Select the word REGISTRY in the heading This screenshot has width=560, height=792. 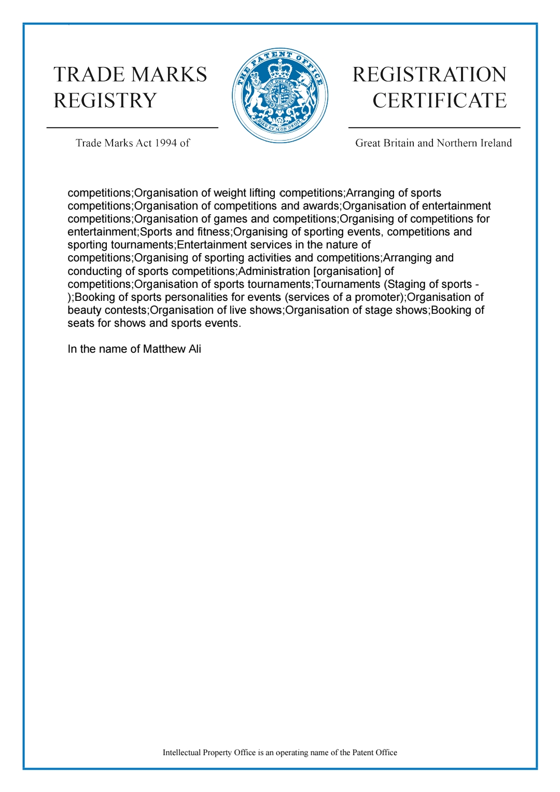coord(105,101)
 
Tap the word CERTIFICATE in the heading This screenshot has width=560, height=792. coord(439,101)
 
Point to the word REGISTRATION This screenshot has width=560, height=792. coord(429,75)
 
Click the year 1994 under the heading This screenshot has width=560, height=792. coord(165,143)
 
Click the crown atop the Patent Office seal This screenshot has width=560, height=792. coord(279,68)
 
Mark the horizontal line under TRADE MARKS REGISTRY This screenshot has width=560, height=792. coord(132,127)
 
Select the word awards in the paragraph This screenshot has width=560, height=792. coord(320,206)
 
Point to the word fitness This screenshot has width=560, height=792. coord(214,232)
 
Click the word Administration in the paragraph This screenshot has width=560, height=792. coord(274,271)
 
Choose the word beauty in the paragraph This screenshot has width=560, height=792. coord(82,310)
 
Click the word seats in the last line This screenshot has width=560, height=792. coord(81,323)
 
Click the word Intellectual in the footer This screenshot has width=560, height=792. coord(181,753)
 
